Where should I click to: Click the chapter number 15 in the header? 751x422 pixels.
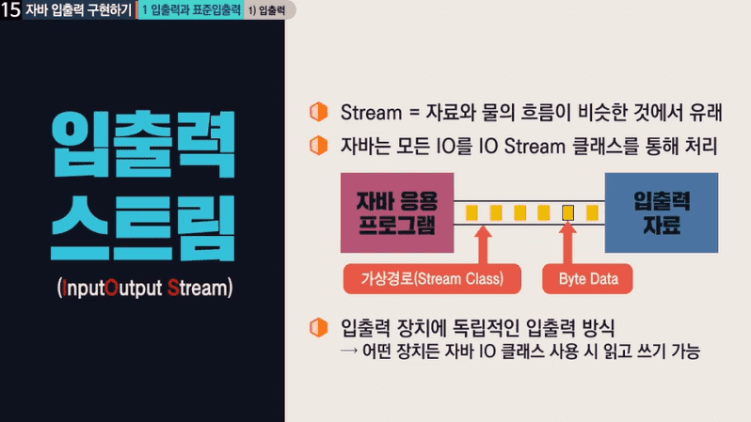click(x=10, y=9)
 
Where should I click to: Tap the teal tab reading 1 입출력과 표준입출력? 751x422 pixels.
click(x=191, y=10)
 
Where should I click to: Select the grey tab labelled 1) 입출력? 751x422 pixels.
click(x=267, y=10)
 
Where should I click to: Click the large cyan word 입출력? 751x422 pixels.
click(x=143, y=144)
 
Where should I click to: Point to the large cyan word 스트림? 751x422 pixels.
click(x=143, y=227)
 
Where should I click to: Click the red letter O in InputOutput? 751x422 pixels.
click(x=112, y=288)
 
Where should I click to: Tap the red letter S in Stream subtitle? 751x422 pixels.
click(x=173, y=288)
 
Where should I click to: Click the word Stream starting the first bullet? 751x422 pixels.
click(x=371, y=113)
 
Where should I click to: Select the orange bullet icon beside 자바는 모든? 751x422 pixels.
click(x=318, y=146)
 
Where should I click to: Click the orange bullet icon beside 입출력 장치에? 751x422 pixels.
click(x=318, y=328)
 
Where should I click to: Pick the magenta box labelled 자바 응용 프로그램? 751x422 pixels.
click(x=397, y=212)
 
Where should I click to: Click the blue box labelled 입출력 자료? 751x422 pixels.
click(x=662, y=212)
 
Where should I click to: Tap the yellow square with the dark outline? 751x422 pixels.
click(x=568, y=212)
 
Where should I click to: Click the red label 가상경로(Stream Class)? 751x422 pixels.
click(x=432, y=279)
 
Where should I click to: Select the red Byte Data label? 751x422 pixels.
click(x=587, y=279)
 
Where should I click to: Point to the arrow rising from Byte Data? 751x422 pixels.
click(x=568, y=243)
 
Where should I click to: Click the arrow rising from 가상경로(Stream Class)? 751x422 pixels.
click(x=484, y=244)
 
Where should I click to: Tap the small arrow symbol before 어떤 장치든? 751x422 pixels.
click(x=349, y=352)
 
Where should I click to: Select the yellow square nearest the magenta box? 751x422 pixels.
click(x=471, y=212)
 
